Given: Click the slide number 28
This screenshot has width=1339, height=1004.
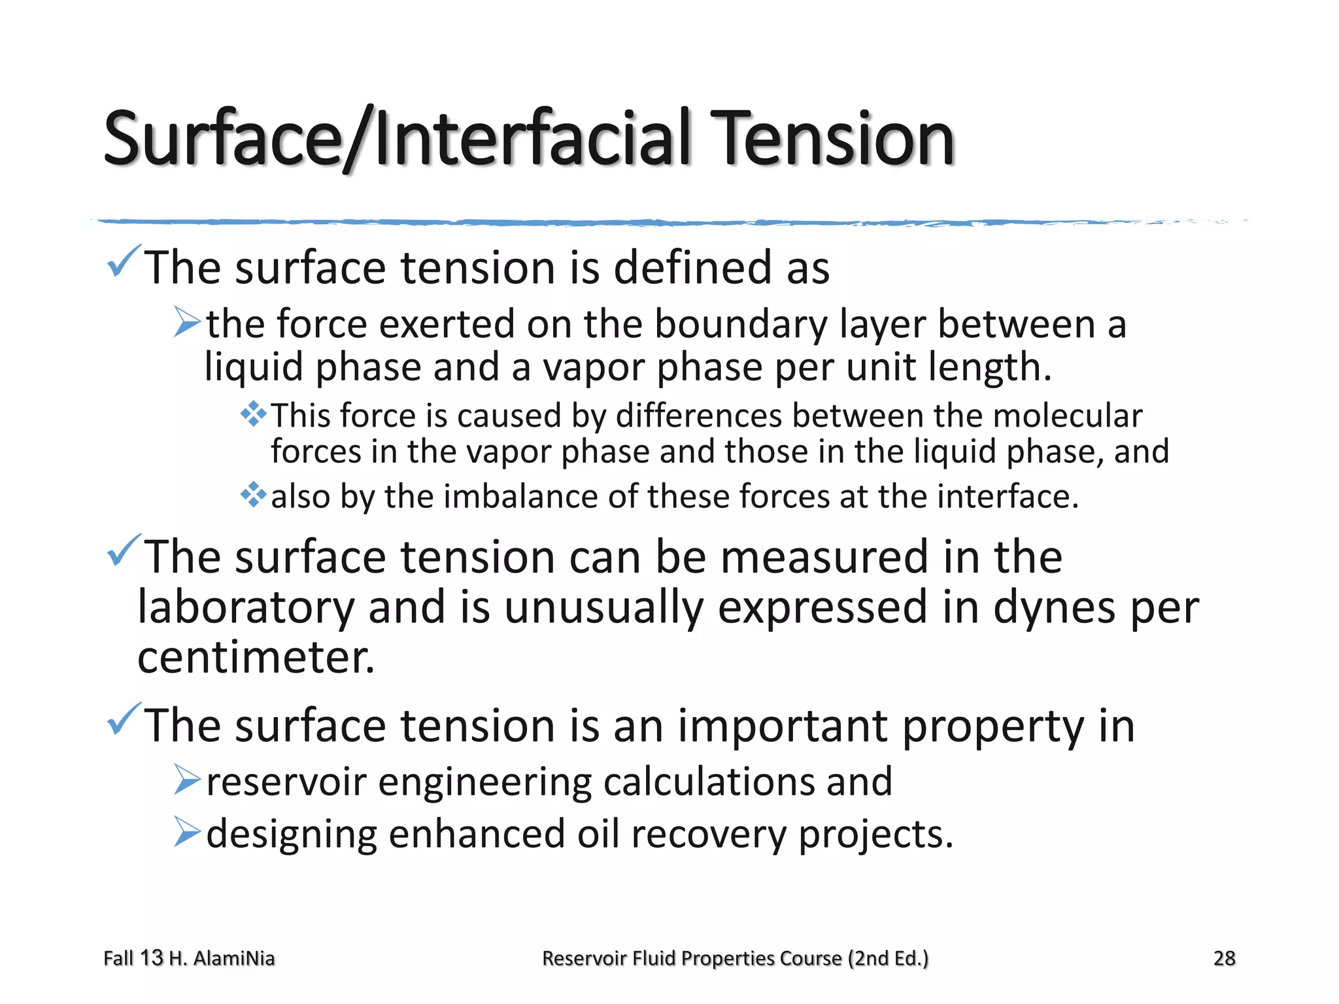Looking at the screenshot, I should [x=1224, y=958].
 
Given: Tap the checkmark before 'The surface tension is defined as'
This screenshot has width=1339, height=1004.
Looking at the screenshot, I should [x=123, y=261].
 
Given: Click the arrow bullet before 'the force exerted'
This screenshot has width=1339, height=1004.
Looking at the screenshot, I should [x=187, y=322].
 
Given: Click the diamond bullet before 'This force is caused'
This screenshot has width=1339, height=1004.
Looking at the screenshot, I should [x=254, y=414].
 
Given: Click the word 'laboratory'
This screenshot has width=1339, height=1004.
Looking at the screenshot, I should [x=246, y=608].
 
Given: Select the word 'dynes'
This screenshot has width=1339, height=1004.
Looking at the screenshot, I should [x=1054, y=608].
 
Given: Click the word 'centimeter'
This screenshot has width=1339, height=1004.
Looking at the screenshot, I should [x=252, y=658].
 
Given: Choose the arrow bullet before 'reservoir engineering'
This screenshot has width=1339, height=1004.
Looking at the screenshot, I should [x=187, y=780].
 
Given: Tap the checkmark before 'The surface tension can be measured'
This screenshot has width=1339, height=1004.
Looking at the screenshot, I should [x=123, y=550].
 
